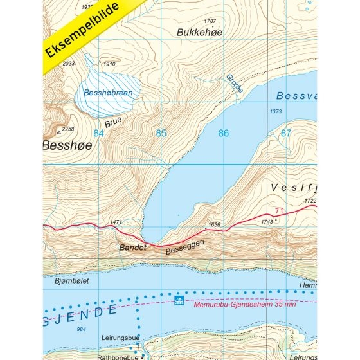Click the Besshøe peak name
tap(67, 145)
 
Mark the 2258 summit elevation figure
tap(67, 129)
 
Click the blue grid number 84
tap(98, 134)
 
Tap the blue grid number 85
tap(161, 134)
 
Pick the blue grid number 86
tap(223, 134)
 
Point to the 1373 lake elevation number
tap(276, 112)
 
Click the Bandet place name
tap(134, 246)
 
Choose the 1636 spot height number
tap(214, 225)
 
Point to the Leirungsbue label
tap(123, 336)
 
